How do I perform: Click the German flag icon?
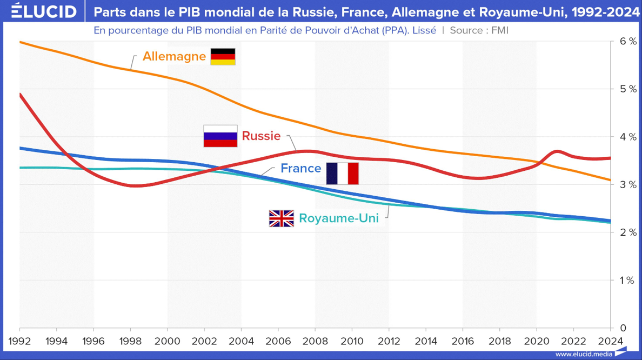[x=223, y=57]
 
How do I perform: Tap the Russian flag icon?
[x=220, y=136]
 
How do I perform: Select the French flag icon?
[x=343, y=174]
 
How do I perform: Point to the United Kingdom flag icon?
[x=281, y=218]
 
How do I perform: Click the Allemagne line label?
[x=174, y=56]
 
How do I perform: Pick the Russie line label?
[x=261, y=136]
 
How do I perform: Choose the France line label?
[x=300, y=169]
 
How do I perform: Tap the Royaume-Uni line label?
[x=339, y=219]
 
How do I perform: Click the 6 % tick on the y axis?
[x=628, y=41]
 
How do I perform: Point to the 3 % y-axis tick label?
[x=628, y=185]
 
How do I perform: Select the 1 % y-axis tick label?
[x=628, y=281]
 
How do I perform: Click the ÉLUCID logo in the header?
[x=44, y=11]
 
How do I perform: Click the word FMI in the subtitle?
[x=500, y=30]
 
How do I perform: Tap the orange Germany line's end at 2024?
[x=610, y=180]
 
